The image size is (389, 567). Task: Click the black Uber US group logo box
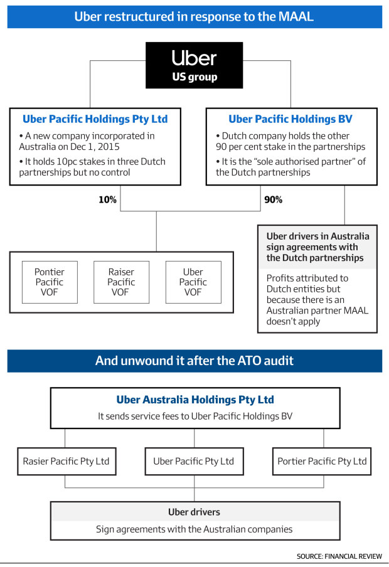coord(194,65)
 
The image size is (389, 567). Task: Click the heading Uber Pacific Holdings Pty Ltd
coord(95,119)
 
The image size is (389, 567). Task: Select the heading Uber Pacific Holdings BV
coord(290,119)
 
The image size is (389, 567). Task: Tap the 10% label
coord(107,199)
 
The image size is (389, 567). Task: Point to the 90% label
coord(273,199)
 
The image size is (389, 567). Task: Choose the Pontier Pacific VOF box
coord(50,282)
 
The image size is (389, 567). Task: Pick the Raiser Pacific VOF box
coord(121,282)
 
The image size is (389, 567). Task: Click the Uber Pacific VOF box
coord(193,282)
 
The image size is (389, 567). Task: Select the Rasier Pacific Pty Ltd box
coord(67,461)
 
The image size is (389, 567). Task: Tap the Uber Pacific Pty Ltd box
coord(194,461)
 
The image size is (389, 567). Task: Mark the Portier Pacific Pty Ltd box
coord(322,461)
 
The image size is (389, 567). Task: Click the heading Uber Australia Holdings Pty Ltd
coord(195,400)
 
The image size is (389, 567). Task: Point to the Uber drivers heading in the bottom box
coord(194,512)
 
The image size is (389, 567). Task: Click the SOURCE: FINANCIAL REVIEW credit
coord(339,556)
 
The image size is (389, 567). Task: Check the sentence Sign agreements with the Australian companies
coord(194,529)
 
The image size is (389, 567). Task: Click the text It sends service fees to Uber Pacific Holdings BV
coord(195,416)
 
